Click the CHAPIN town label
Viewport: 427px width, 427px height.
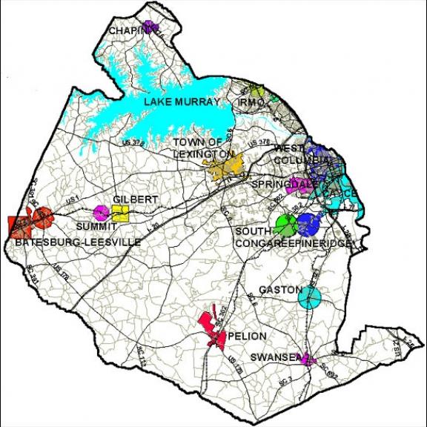tap(128, 30)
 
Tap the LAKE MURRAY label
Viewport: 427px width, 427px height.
tap(182, 102)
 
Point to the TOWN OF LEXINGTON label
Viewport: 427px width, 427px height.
tap(198, 147)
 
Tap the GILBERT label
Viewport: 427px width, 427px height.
tap(136, 200)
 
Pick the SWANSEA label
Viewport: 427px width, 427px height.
tap(272, 357)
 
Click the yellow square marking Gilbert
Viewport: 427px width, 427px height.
tap(121, 214)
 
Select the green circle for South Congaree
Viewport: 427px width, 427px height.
tap(285, 222)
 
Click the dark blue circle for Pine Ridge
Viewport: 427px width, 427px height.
tap(308, 222)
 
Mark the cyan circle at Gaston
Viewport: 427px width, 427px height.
tap(310, 298)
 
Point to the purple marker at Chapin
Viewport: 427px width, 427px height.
tap(151, 27)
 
